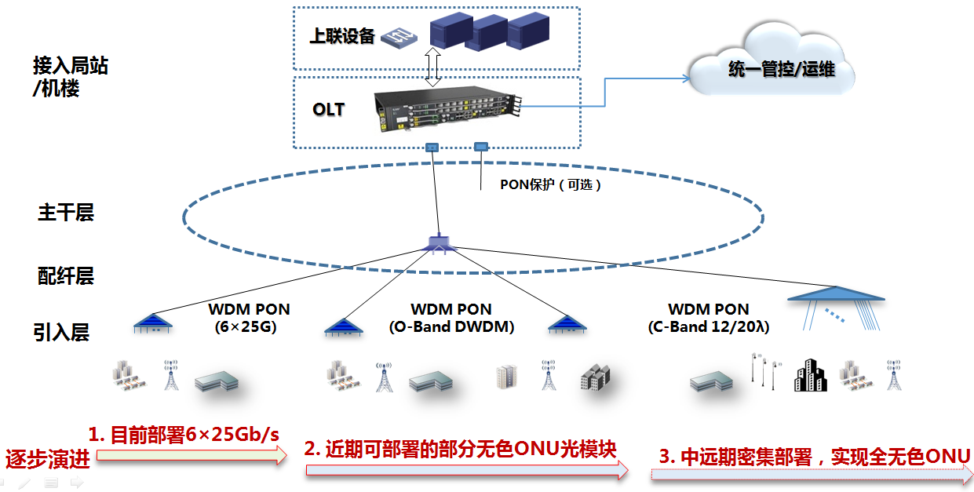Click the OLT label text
328,110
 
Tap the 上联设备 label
341,36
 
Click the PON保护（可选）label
551,186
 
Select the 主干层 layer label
66,213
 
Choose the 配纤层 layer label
66,275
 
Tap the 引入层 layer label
61,333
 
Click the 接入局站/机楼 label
70,77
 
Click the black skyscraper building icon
810,376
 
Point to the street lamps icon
764,371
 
